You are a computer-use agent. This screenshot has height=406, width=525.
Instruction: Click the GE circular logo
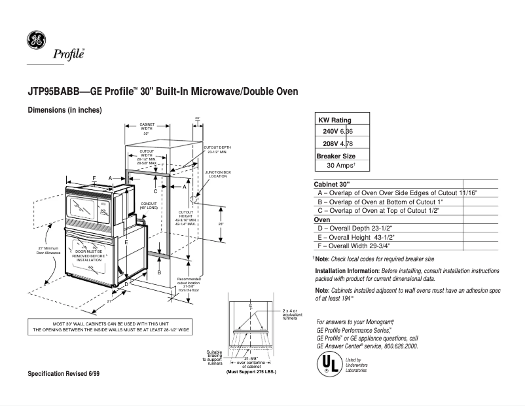pyautogui.click(x=36, y=40)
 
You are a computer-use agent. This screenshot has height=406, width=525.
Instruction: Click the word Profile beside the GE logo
pyautogui.click(x=69, y=55)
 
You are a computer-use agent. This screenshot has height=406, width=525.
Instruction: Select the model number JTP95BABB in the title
pyautogui.click(x=52, y=92)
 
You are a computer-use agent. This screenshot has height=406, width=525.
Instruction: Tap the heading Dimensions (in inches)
pyautogui.click(x=64, y=110)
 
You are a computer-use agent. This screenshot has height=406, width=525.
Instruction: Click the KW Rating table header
pyautogui.click(x=335, y=120)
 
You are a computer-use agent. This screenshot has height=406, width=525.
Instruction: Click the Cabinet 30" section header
pyautogui.click(x=333, y=185)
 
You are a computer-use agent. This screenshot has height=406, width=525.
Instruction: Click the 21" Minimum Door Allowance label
pyautogui.click(x=49, y=251)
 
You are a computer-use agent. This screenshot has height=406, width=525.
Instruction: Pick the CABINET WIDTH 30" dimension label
pyautogui.click(x=146, y=128)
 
